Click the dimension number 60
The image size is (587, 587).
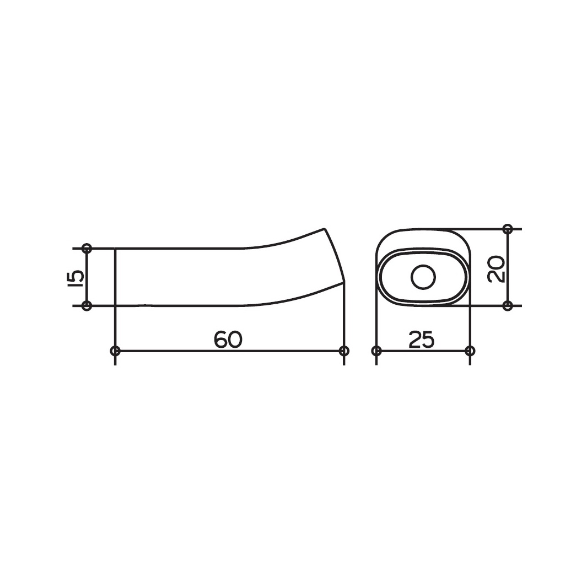228,339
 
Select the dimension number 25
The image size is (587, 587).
421,339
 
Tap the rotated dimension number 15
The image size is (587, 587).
77,277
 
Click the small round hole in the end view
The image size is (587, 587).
423,277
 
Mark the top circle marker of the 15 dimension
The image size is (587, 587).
87,248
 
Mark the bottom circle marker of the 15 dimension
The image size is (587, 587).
87,306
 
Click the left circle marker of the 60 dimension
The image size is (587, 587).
115,351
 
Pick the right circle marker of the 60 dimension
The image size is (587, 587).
344,351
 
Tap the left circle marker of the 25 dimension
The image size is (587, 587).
376,351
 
